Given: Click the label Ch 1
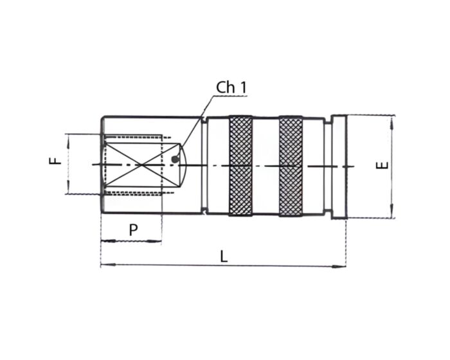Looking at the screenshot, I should click(x=230, y=87).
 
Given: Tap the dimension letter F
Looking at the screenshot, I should click(x=56, y=160).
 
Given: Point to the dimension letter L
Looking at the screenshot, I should click(x=224, y=255).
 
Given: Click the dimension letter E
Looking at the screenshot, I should click(x=382, y=165).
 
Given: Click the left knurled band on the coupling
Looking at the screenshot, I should click(x=240, y=166).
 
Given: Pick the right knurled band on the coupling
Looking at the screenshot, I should click(x=291, y=166).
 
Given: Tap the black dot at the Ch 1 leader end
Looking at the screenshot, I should click(x=175, y=158).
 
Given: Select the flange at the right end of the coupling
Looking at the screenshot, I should click(x=339, y=166).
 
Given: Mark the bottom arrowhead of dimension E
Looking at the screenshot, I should click(x=392, y=215).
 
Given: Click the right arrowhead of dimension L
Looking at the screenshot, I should click(x=342, y=265).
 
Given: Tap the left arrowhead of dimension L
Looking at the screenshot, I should click(x=104, y=265).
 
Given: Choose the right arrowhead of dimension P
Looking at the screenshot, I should click(x=158, y=242).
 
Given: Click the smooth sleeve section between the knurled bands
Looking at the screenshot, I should click(x=265, y=166).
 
